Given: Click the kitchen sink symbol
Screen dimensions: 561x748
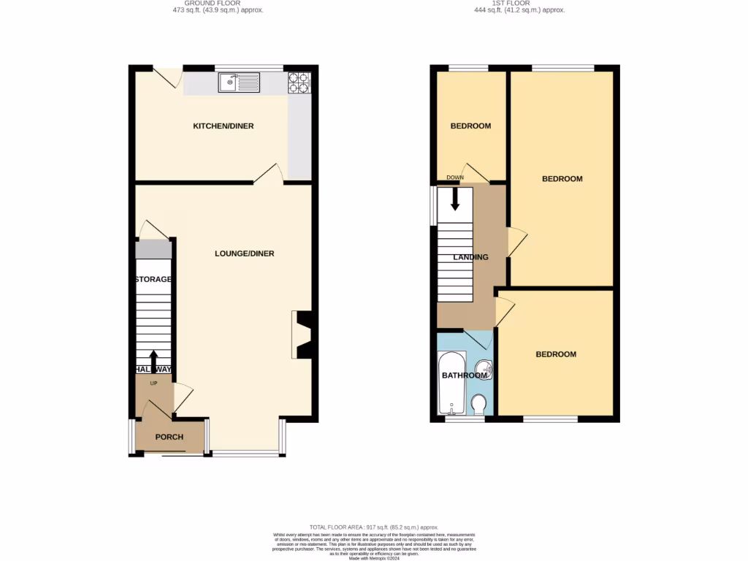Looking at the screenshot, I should coord(239,83).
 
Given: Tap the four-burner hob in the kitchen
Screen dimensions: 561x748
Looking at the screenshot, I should coord(299,83).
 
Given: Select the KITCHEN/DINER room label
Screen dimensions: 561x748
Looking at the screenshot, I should coord(223,126).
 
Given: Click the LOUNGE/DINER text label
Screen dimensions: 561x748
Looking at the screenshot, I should coord(244,253).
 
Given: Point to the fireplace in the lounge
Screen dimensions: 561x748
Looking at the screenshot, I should coord(302,335).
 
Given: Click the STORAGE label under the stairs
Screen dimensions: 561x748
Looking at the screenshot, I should coord(153,280).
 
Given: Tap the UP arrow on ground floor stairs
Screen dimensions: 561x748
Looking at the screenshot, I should coord(153,362).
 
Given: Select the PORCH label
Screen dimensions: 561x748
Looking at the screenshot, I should coord(169,438).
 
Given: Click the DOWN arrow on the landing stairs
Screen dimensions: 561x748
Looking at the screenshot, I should coord(455,199).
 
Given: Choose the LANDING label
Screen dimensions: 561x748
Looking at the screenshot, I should coord(470,257).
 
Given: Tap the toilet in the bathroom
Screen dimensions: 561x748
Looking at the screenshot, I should coord(479,404).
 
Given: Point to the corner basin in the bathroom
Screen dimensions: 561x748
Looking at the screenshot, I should coord(487,370).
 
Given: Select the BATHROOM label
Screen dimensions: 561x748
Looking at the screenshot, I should coord(463,376).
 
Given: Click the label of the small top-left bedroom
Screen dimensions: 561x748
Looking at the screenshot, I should coord(470,126).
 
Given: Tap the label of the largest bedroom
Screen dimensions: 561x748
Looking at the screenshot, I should coord(562,179).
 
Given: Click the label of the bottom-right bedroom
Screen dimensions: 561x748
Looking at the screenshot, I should coord(556,354).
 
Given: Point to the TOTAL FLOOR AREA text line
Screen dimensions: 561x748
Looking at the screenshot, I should coord(373,527).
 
